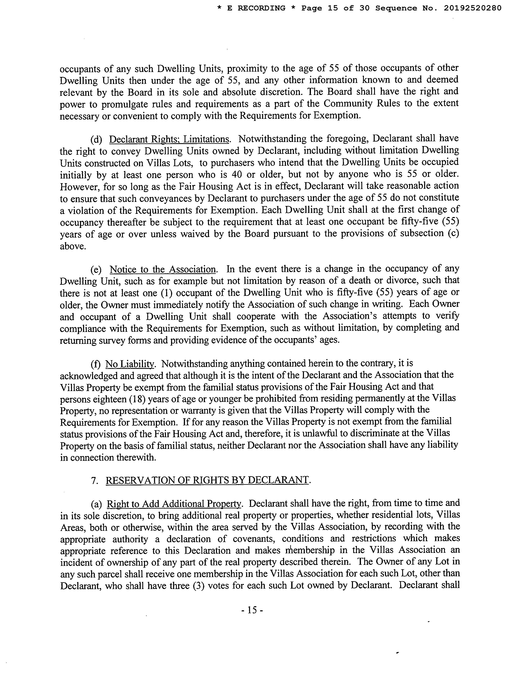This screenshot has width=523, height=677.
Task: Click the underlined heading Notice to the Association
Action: click(x=163, y=269)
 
